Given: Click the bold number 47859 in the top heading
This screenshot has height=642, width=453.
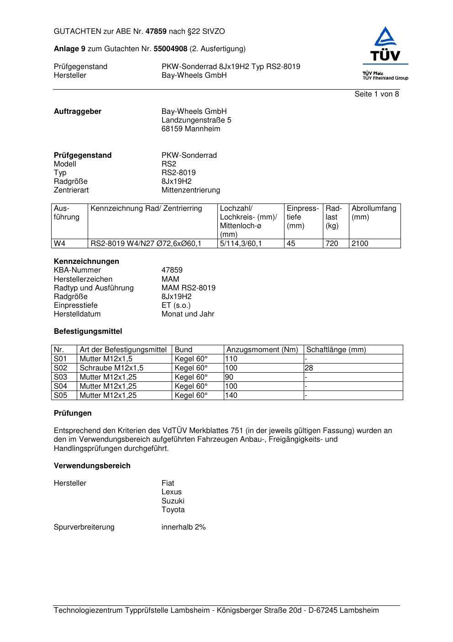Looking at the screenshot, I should pos(156,32).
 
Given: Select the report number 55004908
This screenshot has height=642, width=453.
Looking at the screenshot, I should pos(170,48).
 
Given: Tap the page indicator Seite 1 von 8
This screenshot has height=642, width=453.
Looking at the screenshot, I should pos(377,94).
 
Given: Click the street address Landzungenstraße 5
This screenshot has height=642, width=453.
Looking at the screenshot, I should pos(196,120).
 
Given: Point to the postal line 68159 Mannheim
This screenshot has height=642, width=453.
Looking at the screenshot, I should pos(190,129).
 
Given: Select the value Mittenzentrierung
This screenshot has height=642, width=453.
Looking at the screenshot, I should pos(190,190).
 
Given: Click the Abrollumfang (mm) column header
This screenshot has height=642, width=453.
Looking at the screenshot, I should pos(374,213).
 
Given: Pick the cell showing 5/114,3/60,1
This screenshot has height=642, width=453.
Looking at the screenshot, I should pos(241,244).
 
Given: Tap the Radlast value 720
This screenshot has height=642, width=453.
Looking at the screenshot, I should pos(332,244).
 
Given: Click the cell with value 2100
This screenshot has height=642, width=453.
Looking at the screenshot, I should pos(360,244).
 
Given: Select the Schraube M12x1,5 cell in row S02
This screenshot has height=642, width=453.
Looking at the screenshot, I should pos(111,368).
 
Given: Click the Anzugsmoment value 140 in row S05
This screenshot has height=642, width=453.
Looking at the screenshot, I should pos(231,396).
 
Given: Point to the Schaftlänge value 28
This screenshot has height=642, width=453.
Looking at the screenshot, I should pos(309,368).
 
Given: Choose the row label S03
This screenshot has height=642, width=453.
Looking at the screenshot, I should pos(60,377).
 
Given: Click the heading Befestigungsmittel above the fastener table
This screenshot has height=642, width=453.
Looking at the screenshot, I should pos(88,332).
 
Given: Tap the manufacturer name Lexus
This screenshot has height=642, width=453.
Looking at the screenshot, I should pos(171,492).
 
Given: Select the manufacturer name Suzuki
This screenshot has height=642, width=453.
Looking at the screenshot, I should pos(173,501).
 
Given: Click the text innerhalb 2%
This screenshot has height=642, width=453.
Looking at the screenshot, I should pos(184,527).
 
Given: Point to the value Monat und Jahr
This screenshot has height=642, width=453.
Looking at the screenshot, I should pos(188,314).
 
